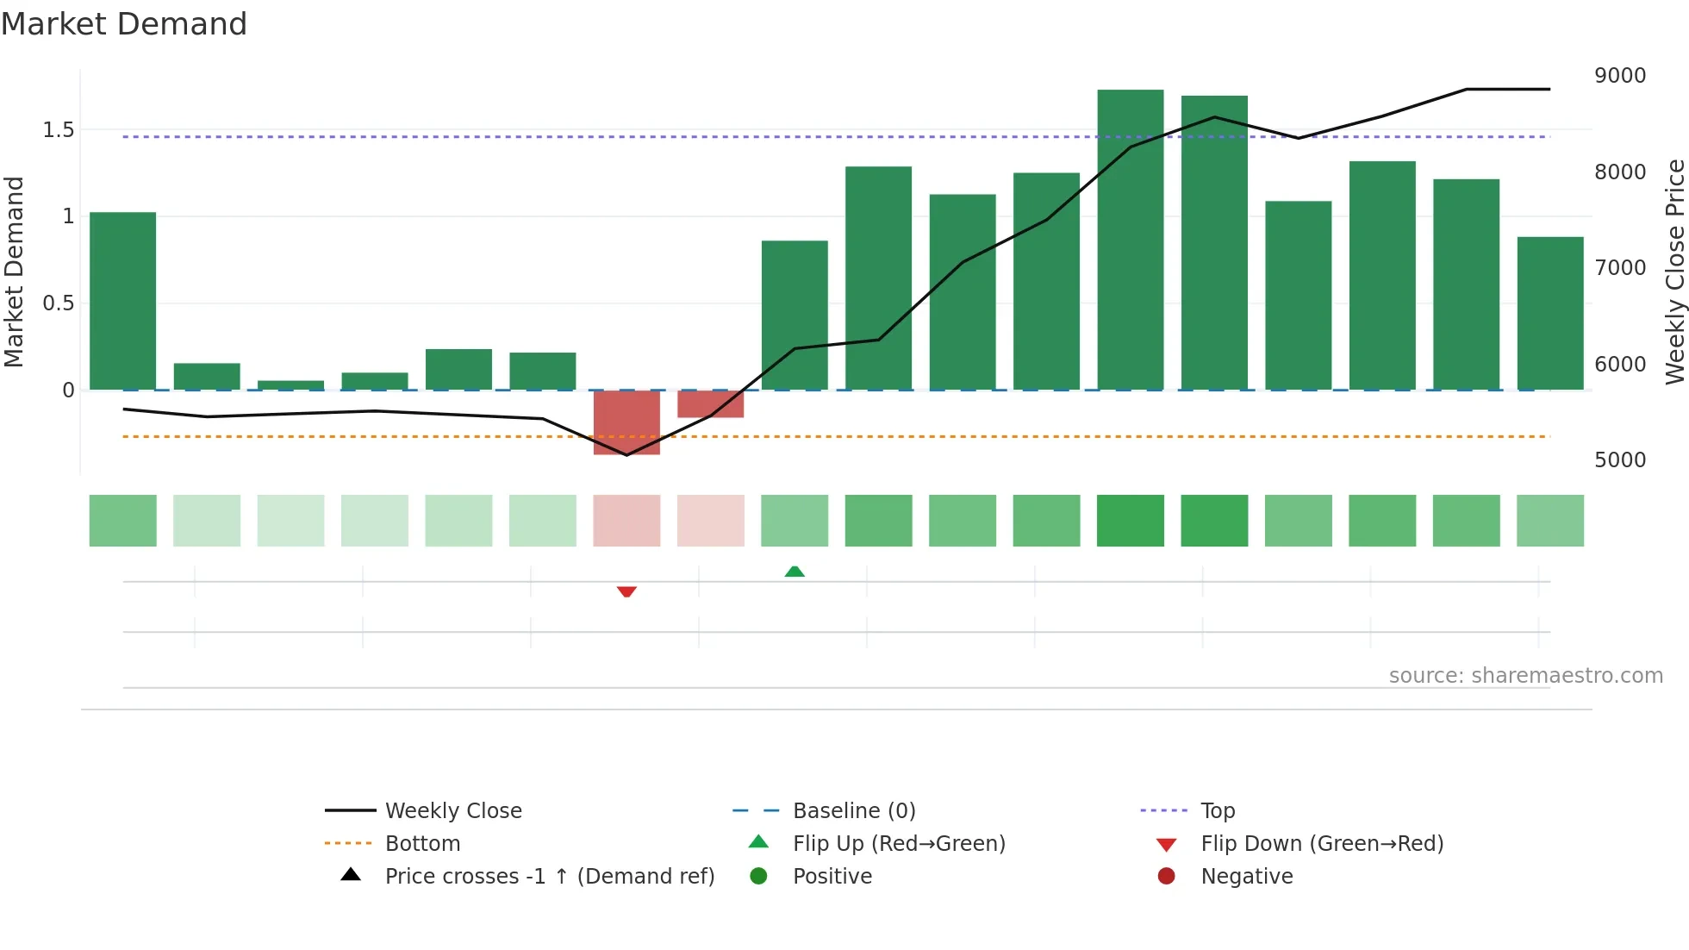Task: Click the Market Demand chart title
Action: (124, 24)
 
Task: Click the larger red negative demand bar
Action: (626, 422)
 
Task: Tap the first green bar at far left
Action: (123, 301)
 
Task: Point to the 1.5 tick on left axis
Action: (59, 130)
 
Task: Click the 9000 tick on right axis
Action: (1619, 76)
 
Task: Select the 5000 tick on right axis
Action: (1619, 460)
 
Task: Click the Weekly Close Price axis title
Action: (1674, 272)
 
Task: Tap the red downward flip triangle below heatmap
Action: (626, 591)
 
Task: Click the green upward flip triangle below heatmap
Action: (795, 572)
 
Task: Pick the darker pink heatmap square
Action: (626, 521)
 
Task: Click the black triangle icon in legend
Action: (351, 875)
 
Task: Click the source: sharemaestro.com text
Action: (1525, 676)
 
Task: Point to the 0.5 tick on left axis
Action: (59, 303)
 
